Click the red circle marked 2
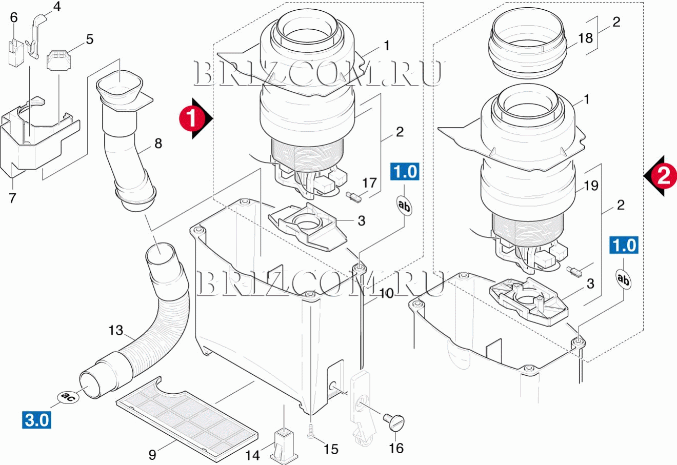point(663,176)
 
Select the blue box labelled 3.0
point(37,420)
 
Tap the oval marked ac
point(66,397)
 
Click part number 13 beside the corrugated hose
point(116,330)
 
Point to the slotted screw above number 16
point(395,422)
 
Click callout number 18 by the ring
point(585,38)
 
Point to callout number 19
point(591,185)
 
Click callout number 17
point(369,183)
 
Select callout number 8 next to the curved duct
point(158,143)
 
